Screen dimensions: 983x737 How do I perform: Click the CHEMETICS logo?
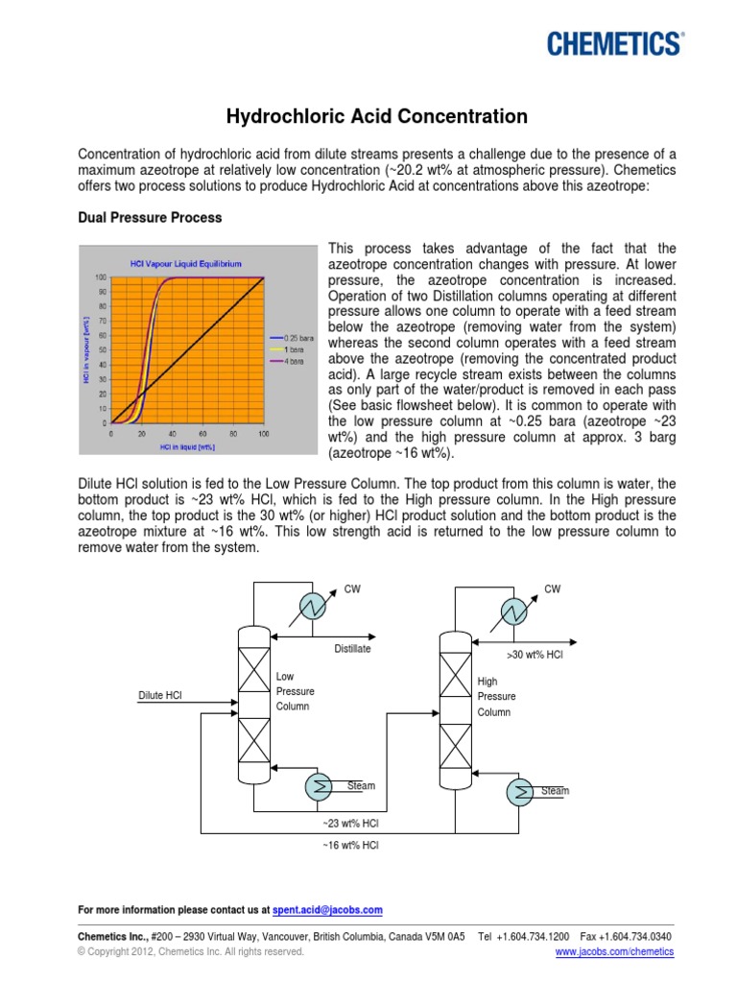614,43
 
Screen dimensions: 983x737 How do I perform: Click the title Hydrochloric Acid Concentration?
376,117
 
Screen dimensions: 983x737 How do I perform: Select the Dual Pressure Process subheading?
149,218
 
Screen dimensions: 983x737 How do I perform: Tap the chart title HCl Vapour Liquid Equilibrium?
186,263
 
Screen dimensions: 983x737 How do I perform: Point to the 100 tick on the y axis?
100,277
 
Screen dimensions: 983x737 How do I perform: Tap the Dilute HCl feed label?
160,696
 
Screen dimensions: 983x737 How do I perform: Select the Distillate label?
352,649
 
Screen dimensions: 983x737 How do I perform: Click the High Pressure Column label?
496,697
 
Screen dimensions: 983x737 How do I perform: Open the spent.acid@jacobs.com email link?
327,909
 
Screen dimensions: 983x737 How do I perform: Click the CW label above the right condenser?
552,588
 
